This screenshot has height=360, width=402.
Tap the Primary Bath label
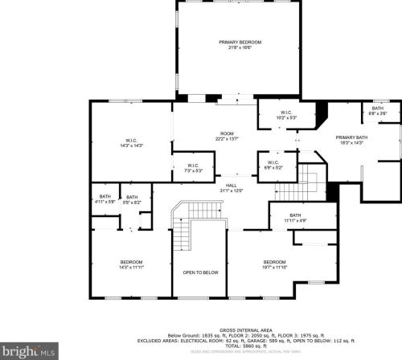(x=351, y=141)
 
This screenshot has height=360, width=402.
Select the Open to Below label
(x=200, y=272)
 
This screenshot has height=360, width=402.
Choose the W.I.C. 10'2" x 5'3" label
(x=286, y=115)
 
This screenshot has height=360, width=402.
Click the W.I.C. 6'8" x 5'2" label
(x=273, y=166)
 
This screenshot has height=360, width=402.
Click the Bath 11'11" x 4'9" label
(x=295, y=218)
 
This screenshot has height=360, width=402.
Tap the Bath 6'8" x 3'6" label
(x=379, y=111)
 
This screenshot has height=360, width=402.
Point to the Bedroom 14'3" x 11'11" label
(x=132, y=265)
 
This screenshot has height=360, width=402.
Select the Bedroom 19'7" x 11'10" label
(x=274, y=265)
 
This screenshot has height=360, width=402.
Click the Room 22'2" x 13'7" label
(x=228, y=137)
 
